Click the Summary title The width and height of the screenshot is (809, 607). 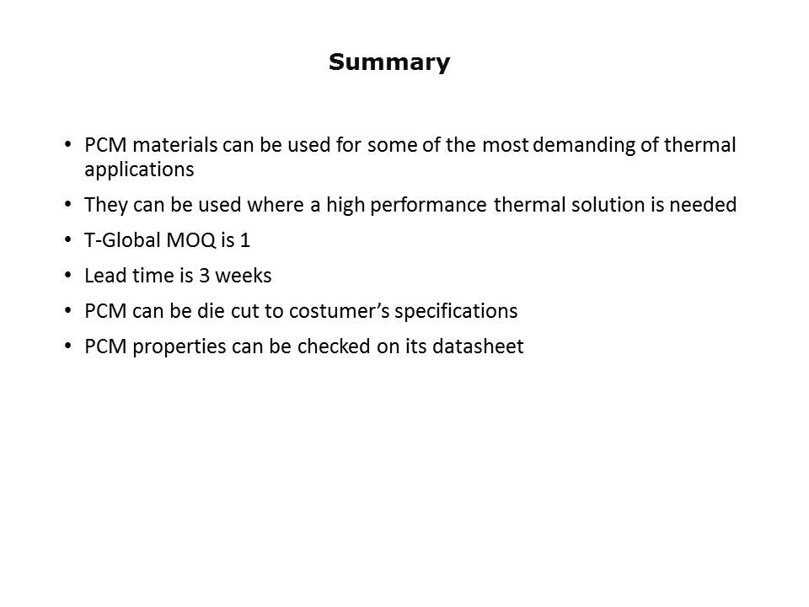389,62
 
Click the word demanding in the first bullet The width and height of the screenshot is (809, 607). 583,145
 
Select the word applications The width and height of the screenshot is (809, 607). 139,169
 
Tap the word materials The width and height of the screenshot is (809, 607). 175,145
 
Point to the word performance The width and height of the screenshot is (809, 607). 428,206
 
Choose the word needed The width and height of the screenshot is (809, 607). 703,205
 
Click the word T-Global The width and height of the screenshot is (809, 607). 122,240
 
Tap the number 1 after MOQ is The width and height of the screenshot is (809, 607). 245,240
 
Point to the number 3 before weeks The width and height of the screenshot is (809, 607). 204,276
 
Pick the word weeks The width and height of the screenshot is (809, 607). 243,276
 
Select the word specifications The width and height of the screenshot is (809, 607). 456,312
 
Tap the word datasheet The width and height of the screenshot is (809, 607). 478,346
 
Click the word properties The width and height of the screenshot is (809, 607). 179,347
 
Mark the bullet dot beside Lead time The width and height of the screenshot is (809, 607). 68,276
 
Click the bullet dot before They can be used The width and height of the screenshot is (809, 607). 68,205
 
